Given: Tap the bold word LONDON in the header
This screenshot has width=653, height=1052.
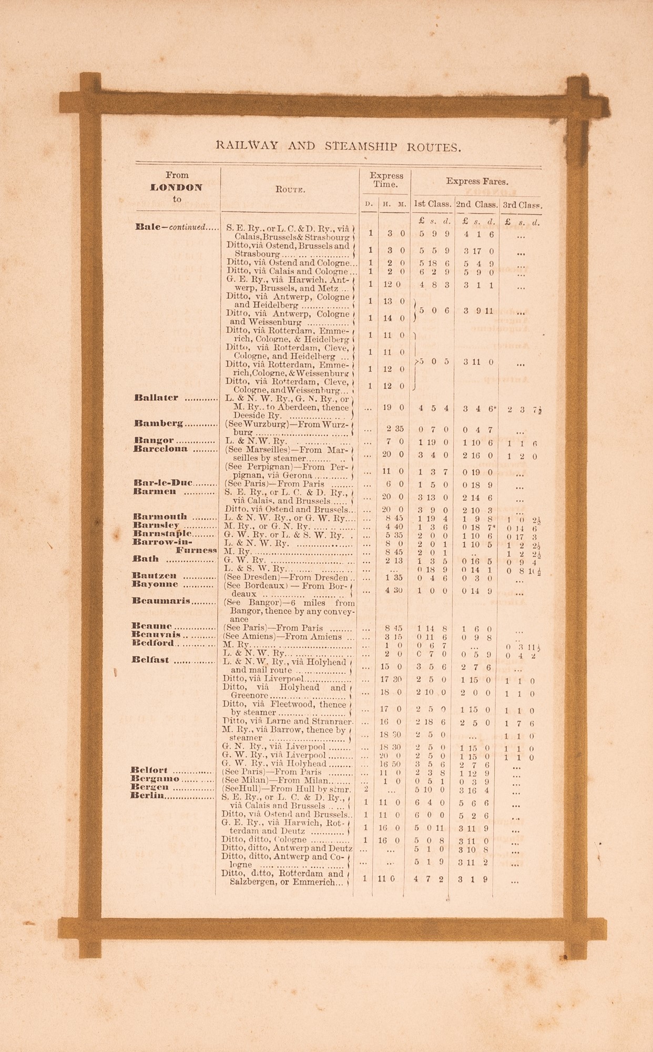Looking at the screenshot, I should pos(176,187).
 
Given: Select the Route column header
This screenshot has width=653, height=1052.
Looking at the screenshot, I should pos(290,190).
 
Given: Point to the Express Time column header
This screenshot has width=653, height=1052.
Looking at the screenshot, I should pos(386,180).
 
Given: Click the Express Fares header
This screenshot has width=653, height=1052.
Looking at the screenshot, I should pos(477,181).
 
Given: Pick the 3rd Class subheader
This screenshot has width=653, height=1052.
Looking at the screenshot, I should pos(522,205).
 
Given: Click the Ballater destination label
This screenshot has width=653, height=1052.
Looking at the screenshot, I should pos(157,398).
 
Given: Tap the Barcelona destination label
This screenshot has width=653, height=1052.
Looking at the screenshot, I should pos(160,449).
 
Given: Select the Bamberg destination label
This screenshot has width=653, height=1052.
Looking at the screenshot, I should pos(158,423).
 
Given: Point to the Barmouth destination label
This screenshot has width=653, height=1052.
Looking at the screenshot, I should pos(160,517).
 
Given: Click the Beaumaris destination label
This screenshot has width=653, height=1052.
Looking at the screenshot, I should pos(161,601).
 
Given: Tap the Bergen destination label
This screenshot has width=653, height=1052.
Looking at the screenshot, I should pos(149,787).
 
